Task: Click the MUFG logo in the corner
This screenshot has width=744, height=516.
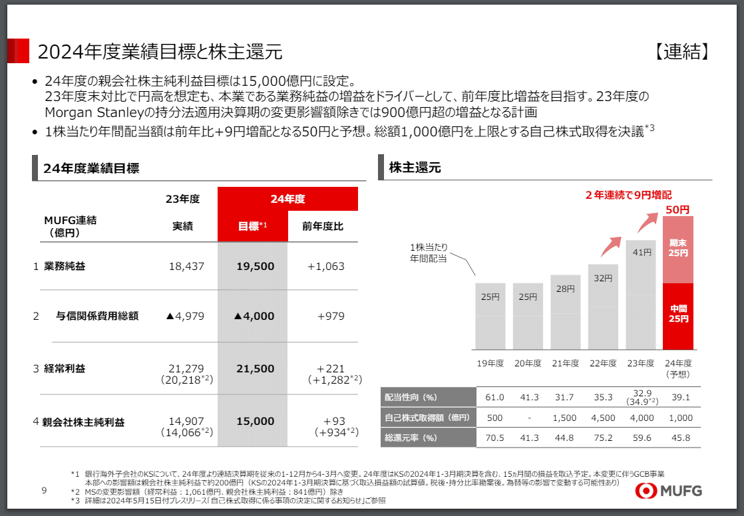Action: (x=668, y=491)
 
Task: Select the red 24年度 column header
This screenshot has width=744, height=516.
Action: (x=287, y=199)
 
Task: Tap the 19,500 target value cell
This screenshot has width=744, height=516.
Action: (x=254, y=266)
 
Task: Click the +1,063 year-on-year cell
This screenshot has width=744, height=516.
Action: (x=325, y=266)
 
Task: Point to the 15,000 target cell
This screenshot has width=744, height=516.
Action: (x=254, y=421)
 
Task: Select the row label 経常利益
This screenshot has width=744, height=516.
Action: (x=65, y=368)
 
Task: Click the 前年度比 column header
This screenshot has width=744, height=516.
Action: (x=323, y=226)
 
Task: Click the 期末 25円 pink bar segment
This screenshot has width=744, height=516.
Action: (x=678, y=249)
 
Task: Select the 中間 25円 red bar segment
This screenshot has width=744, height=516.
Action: (x=678, y=315)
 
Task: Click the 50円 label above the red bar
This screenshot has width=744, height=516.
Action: (x=677, y=209)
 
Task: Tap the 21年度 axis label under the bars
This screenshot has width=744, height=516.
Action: (x=565, y=363)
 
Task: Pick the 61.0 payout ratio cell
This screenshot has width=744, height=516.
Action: (x=494, y=397)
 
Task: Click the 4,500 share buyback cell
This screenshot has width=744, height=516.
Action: (x=603, y=418)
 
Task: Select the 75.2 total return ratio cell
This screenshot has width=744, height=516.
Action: (x=603, y=438)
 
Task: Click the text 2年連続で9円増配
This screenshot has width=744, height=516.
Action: (x=628, y=195)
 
